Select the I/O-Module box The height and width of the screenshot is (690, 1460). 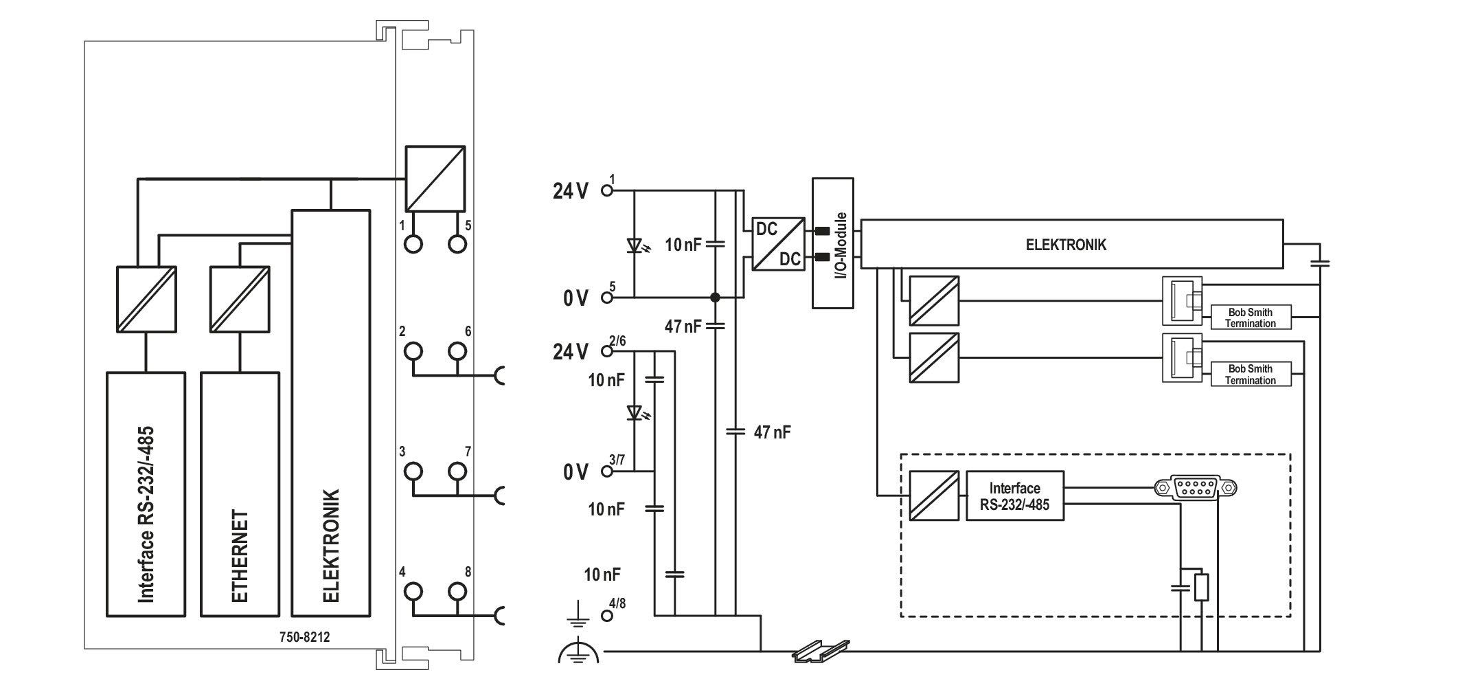pos(833,243)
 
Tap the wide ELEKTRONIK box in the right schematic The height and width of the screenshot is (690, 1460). pos(1071,244)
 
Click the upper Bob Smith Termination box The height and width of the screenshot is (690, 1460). pos(1251,318)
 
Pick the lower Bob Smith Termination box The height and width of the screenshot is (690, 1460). pos(1251,375)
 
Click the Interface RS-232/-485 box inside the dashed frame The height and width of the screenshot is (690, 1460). pos(1015,496)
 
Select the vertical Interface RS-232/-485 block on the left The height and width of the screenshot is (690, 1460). pos(146,494)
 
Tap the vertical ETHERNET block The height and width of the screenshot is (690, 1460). pos(240,494)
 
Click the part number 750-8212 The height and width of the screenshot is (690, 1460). pos(304,637)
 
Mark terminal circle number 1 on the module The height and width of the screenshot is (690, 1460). pos(413,244)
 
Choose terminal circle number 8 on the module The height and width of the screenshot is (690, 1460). pos(457,592)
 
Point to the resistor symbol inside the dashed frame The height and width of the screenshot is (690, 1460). pos(1201,588)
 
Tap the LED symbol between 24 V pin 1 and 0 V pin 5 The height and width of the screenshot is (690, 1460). pos(635,244)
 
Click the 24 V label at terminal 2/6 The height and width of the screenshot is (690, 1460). pos(571,352)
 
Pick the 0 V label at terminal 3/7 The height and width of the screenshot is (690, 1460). pos(575,472)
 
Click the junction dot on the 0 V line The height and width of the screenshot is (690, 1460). pos(715,298)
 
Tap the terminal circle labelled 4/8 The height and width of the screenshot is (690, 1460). pos(606,616)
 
